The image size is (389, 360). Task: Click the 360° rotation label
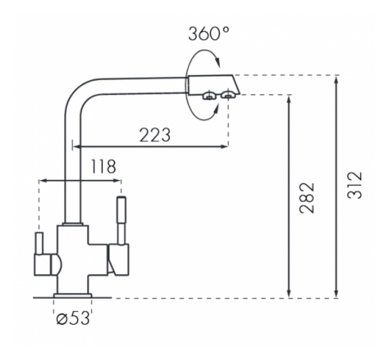209,34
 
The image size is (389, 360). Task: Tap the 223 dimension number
155,135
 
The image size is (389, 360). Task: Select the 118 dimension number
104,166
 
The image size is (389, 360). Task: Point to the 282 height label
307,198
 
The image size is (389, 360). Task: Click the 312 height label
355,185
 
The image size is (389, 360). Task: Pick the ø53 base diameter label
73,318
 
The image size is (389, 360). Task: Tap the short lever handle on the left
39,243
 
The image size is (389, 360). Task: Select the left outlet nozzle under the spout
209,95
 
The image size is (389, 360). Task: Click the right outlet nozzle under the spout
228,95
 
